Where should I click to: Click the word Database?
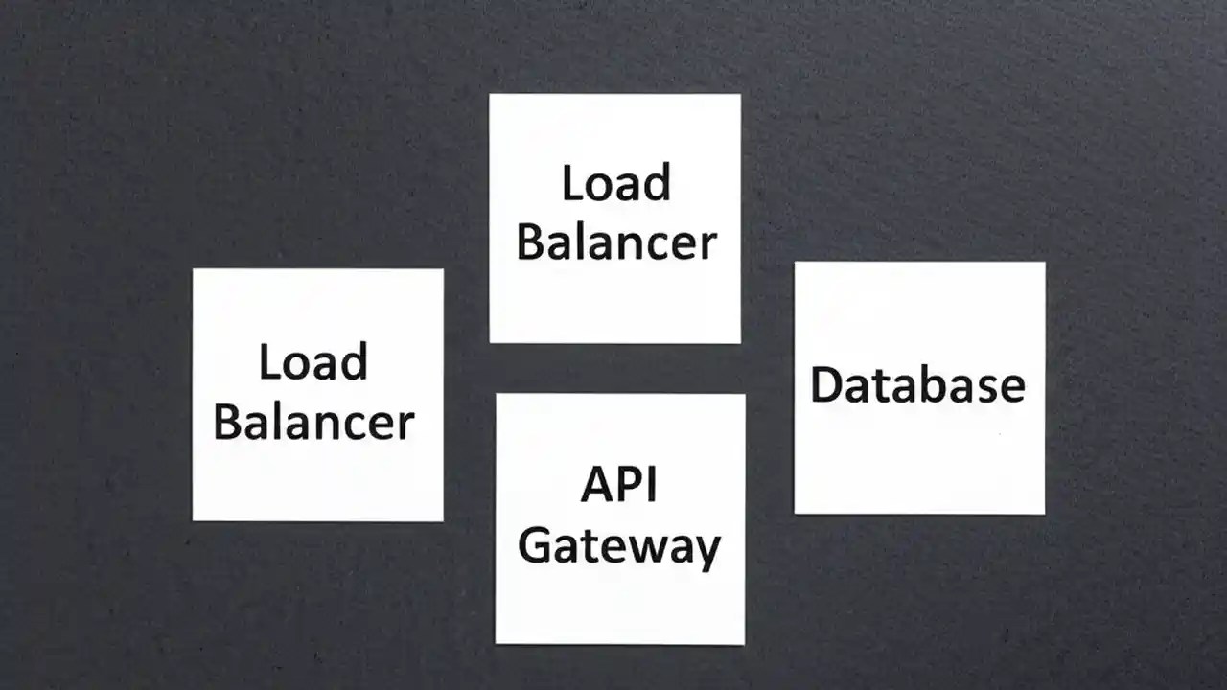pos(917,385)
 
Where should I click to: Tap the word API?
pos(618,486)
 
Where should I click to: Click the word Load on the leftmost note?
pos(313,362)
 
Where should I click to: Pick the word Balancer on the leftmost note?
pos(313,422)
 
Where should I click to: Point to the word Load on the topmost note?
pos(615,184)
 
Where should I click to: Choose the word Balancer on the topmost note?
pos(615,242)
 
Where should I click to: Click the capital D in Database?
pos(825,385)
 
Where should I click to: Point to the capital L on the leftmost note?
pos(268,362)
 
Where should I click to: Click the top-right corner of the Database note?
pos(1045,263)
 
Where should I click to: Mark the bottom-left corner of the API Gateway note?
pos(496,642)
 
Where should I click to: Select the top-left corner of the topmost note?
pos(490,95)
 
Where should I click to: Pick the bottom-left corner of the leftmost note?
pos(194,519)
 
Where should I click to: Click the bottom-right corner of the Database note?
pos(1044,514)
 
